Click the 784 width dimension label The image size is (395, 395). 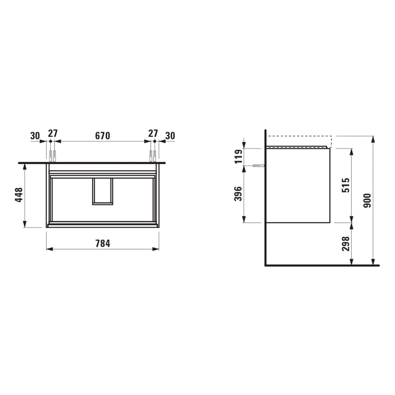click(x=103, y=244)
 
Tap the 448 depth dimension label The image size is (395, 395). click(x=19, y=195)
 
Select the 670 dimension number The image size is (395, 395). click(x=102, y=136)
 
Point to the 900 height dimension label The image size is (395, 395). click(x=367, y=200)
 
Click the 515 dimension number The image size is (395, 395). click(x=346, y=185)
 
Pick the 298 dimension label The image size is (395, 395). click(x=346, y=244)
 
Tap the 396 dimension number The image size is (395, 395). click(x=238, y=194)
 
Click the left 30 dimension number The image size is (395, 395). click(x=35, y=136)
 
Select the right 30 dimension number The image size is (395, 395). click(x=170, y=136)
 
